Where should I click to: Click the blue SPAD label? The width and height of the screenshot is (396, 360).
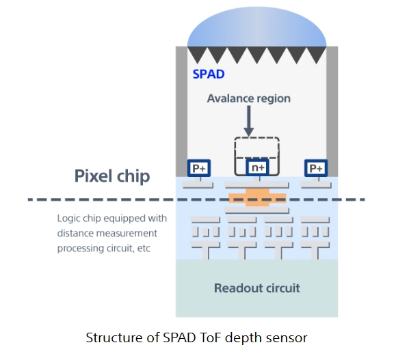[x=209, y=74]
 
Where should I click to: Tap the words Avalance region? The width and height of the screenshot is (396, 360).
[x=249, y=98]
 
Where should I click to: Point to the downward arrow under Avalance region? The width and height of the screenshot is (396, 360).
[x=249, y=121]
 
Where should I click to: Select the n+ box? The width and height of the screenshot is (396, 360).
[x=257, y=167]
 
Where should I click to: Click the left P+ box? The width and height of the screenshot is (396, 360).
[x=199, y=168]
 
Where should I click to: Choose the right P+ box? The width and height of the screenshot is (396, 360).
[x=316, y=168]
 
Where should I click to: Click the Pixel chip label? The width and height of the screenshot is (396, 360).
[x=112, y=176]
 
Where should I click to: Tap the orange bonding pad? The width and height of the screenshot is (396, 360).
[x=257, y=197]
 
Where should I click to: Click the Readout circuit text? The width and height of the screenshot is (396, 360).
[x=257, y=288]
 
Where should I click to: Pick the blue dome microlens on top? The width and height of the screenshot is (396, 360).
[x=257, y=28]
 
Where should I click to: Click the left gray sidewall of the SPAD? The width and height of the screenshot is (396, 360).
[x=181, y=111]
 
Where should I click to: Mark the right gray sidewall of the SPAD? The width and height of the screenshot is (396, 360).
[x=332, y=111]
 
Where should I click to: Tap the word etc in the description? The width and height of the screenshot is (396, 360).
[x=144, y=248]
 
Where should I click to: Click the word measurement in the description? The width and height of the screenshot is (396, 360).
[x=127, y=234]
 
